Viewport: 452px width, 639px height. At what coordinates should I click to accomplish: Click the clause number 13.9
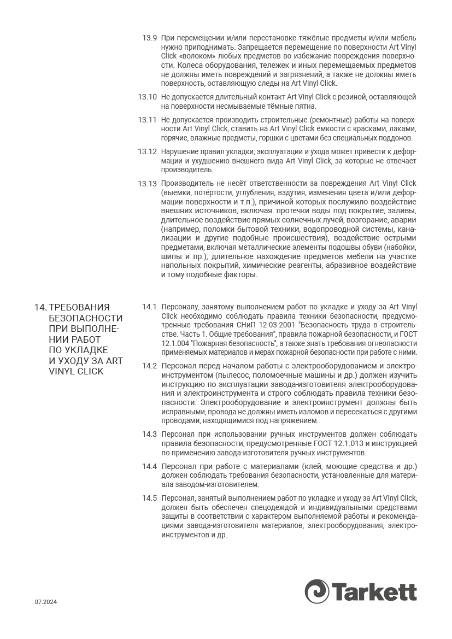[150, 38]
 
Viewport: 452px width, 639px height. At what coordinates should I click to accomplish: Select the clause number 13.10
[148, 97]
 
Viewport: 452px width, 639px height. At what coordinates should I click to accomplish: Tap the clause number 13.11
[148, 120]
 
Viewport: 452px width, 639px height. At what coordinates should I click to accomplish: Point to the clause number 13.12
[148, 151]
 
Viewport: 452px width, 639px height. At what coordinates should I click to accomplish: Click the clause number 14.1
[149, 307]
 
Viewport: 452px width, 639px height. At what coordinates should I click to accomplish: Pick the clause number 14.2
[149, 366]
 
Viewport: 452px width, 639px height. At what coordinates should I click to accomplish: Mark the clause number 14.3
[149, 434]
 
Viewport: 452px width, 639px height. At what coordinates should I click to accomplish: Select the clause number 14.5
[149, 498]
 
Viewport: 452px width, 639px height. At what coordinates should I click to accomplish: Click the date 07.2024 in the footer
[46, 602]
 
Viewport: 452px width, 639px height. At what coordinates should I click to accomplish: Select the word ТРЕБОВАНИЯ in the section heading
[79, 307]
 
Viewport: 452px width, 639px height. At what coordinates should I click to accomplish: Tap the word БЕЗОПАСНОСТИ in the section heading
[86, 318]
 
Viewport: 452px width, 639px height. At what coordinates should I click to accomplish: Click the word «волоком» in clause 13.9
[196, 56]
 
